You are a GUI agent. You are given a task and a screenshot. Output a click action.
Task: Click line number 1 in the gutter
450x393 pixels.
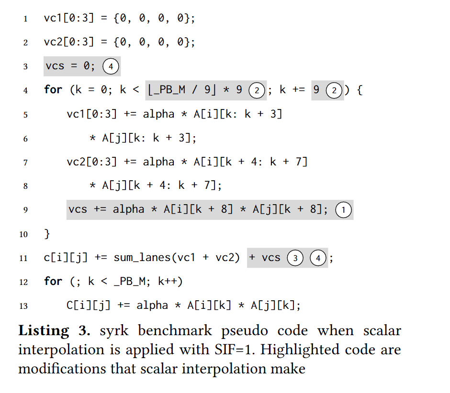[x=25, y=19]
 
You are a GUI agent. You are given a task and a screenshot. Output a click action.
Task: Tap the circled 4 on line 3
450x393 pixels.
[x=111, y=66]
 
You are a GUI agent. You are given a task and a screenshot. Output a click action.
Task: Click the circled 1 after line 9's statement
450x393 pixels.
[x=343, y=210]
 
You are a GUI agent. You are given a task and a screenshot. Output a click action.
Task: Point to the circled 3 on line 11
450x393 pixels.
[x=295, y=258]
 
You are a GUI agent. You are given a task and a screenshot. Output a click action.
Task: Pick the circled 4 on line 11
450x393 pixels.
[x=317, y=258]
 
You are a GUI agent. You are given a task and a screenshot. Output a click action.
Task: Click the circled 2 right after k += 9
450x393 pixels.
[x=334, y=90]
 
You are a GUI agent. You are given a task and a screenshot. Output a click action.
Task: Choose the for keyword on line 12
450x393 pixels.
[x=53, y=282]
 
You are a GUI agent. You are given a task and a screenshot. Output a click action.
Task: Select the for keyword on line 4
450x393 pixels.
[x=53, y=90]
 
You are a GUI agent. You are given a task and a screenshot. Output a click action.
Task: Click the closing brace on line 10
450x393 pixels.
[x=47, y=234]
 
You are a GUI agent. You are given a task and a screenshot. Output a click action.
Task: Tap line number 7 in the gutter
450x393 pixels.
[x=25, y=163]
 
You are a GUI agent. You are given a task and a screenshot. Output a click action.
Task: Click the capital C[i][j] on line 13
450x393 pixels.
[x=86, y=306]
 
